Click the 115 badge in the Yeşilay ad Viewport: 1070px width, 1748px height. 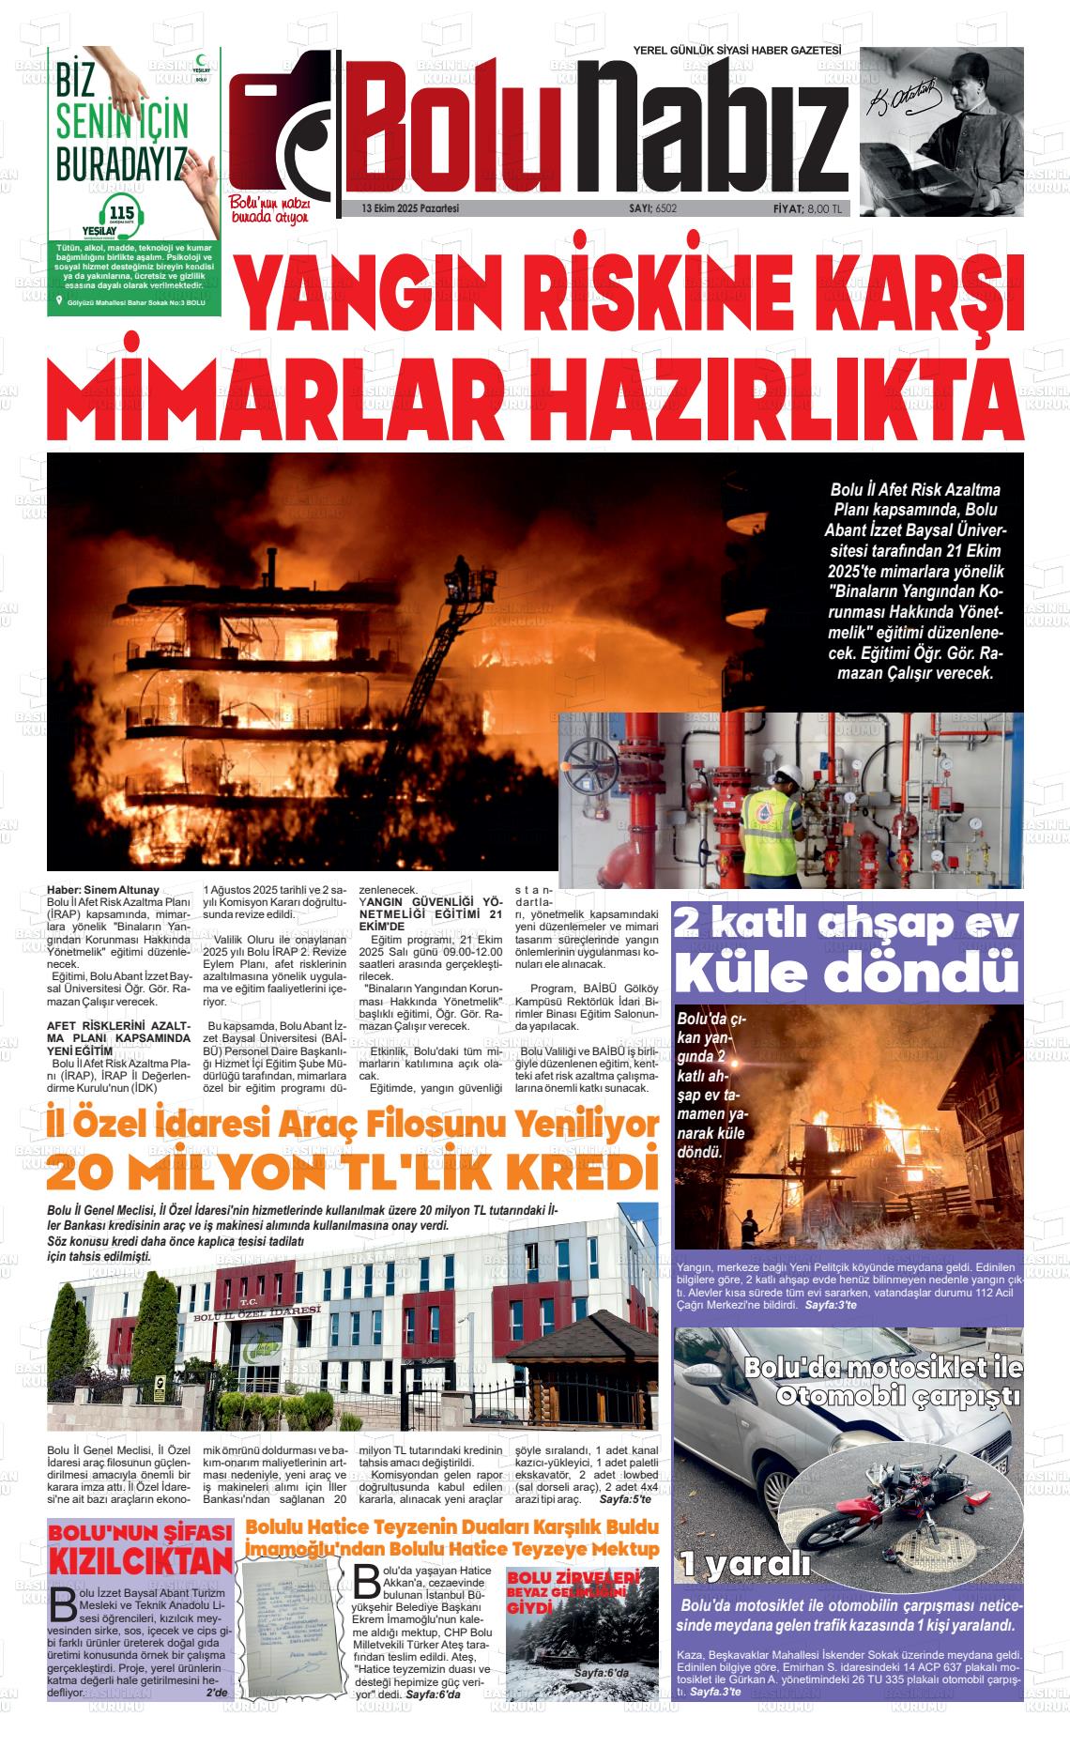pyautogui.click(x=123, y=211)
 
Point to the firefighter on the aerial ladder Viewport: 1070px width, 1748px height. pyautogui.click(x=460, y=569)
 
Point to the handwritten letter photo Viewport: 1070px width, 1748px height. pyautogui.click(x=295, y=1628)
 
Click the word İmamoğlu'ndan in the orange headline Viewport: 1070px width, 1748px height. pyautogui.click(x=310, y=1548)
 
